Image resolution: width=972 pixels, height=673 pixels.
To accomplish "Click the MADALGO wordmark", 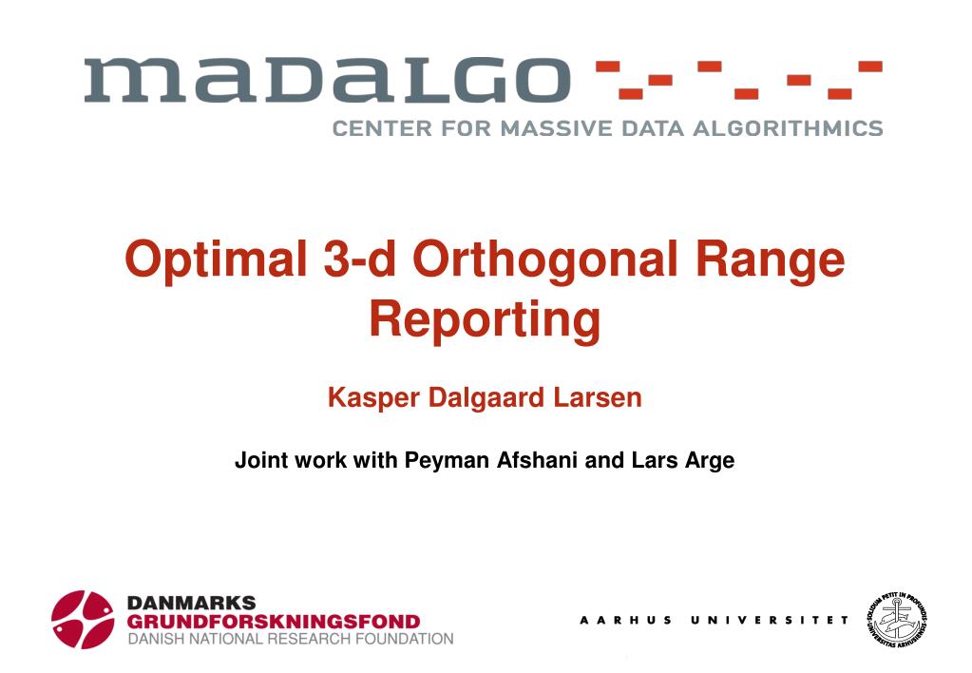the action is pyautogui.click(x=327, y=80).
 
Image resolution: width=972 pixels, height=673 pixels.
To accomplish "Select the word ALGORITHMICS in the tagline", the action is pyautogui.click(x=788, y=128).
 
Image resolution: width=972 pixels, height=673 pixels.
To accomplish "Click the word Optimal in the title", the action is pyautogui.click(x=217, y=260).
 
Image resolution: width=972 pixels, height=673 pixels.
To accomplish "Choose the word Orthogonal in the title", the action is pyautogui.click(x=545, y=260).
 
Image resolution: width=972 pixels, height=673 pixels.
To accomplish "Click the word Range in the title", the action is pyautogui.click(x=770, y=260).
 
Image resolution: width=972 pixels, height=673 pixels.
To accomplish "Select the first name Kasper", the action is pyautogui.click(x=373, y=398).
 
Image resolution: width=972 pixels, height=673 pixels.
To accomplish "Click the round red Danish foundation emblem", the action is pyautogui.click(x=83, y=619).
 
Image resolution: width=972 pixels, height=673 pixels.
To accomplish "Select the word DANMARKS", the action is pyautogui.click(x=191, y=603).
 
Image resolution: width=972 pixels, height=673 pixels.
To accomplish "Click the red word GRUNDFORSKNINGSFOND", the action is pyautogui.click(x=274, y=621).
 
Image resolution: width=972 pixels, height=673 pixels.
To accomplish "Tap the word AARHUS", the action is pyautogui.click(x=625, y=620).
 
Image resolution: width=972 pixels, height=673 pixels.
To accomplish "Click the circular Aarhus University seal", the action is pyautogui.click(x=897, y=619).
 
